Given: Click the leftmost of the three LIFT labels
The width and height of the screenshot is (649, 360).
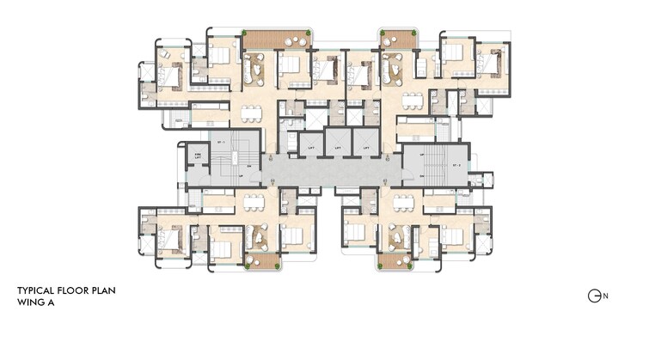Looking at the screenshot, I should [x=310, y=149].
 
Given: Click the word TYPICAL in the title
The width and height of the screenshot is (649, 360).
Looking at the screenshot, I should [x=39, y=291].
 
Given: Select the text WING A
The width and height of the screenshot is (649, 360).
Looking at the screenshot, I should [x=36, y=302].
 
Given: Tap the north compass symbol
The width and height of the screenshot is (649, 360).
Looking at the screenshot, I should [x=594, y=296].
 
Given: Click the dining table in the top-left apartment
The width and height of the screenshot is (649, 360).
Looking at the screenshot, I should [x=250, y=113].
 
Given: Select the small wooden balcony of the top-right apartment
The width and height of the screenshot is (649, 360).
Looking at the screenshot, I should [x=398, y=40].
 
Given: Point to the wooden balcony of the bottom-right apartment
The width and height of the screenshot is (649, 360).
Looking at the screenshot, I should [x=392, y=261].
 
